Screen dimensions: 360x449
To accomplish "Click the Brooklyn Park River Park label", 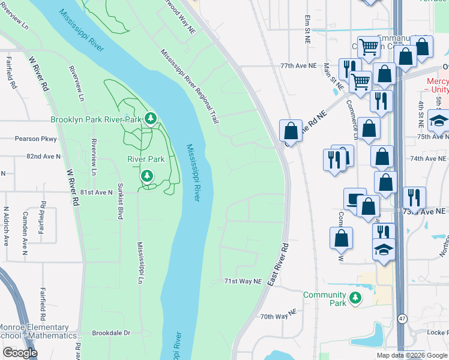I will [x=95, y=119].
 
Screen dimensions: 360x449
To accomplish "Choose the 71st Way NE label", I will [x=243, y=281].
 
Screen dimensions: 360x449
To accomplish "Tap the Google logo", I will [x=20, y=353].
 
